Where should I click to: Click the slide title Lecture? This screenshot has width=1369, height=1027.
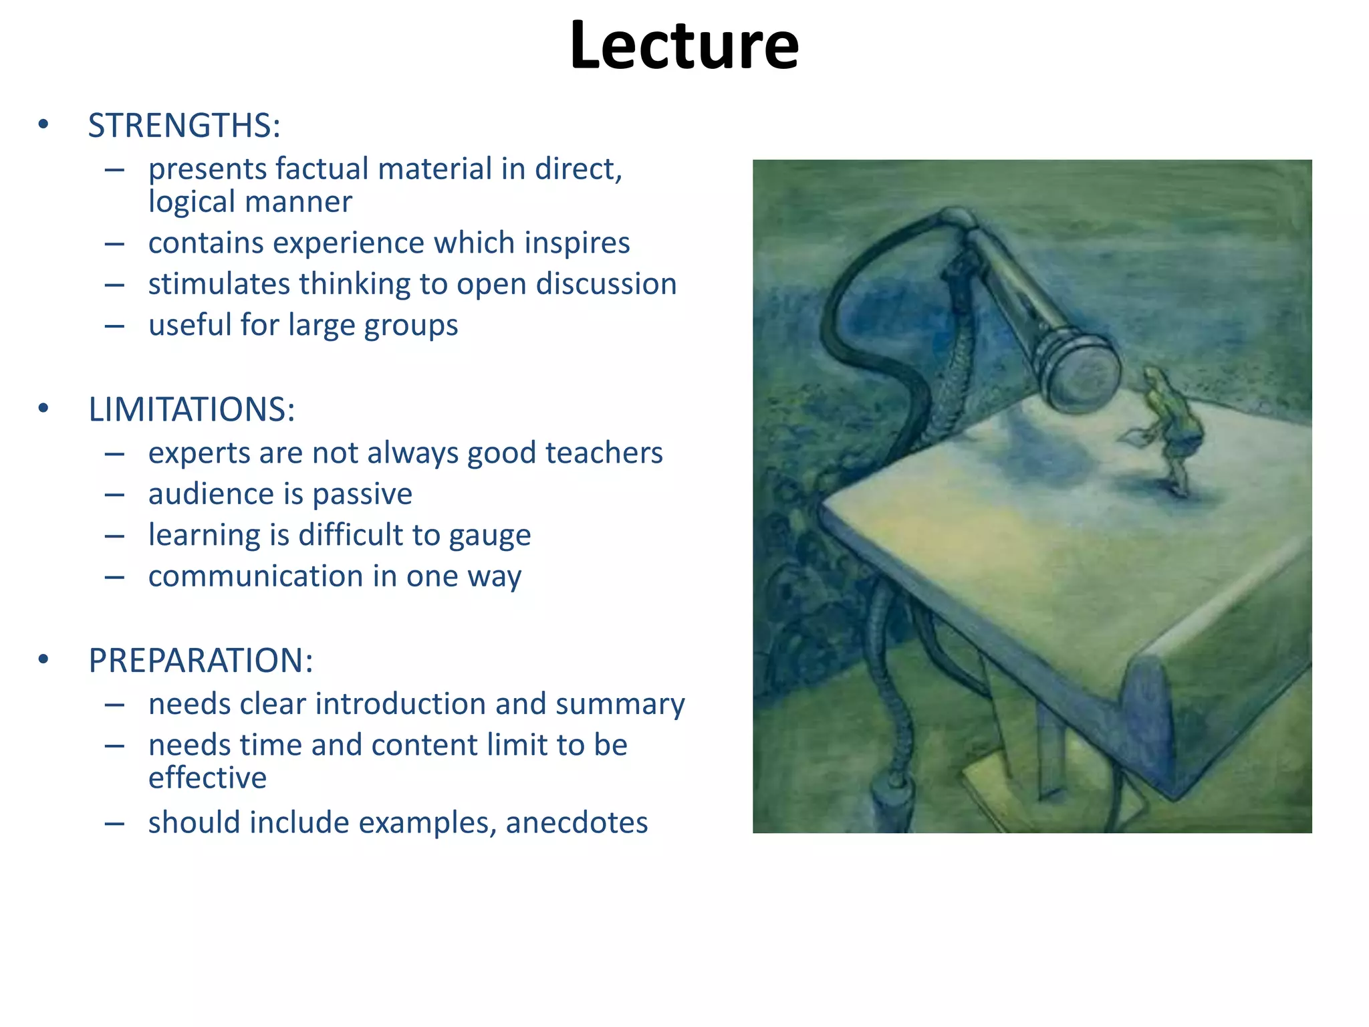[684, 45]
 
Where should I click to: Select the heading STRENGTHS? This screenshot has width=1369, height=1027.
[184, 126]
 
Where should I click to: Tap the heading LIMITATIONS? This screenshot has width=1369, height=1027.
[192, 409]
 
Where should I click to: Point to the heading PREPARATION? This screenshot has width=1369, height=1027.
[201, 661]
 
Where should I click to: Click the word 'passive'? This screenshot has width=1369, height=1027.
[362, 495]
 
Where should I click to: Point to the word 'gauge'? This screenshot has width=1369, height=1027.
[490, 536]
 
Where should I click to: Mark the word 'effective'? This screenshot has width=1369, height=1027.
[207, 778]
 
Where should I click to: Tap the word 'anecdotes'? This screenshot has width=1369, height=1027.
[577, 823]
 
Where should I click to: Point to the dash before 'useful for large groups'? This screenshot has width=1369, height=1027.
[114, 326]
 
